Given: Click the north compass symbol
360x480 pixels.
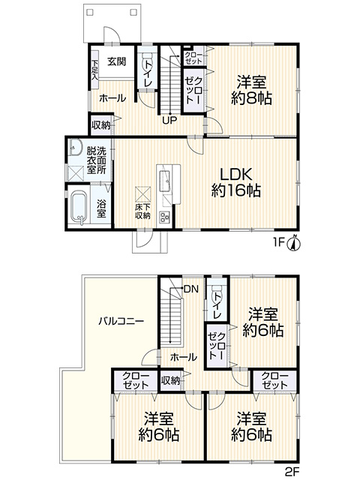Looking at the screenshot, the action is tap(293, 244).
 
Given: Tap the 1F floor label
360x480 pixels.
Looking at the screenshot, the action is tap(278, 243).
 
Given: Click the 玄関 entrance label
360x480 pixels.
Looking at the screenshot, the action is tap(116, 61).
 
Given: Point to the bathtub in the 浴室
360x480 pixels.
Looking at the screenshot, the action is tap(79, 206).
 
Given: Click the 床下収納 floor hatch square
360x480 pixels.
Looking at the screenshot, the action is tap(143, 193).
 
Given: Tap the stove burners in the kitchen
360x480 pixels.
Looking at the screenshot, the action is tap(164, 217).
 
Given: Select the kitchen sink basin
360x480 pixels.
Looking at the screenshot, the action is tap(165, 180).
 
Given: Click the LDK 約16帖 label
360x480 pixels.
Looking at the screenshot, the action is tap(236, 182).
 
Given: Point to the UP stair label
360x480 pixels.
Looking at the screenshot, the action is tap(169, 121).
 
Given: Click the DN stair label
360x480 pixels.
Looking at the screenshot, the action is tap(191, 289).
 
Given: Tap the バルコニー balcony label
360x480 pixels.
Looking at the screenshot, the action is tap(121, 321).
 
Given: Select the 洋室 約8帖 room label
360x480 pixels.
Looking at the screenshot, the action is tap(251, 90).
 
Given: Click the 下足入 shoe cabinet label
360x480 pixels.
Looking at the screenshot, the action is tap(95, 70).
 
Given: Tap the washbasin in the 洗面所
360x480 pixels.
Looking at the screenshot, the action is tap(75, 148).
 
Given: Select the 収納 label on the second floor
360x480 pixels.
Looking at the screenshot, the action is tap(170, 381).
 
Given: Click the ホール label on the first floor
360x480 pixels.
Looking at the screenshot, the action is tap(112, 98).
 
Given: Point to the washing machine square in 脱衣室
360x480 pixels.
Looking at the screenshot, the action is tap(76, 173).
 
